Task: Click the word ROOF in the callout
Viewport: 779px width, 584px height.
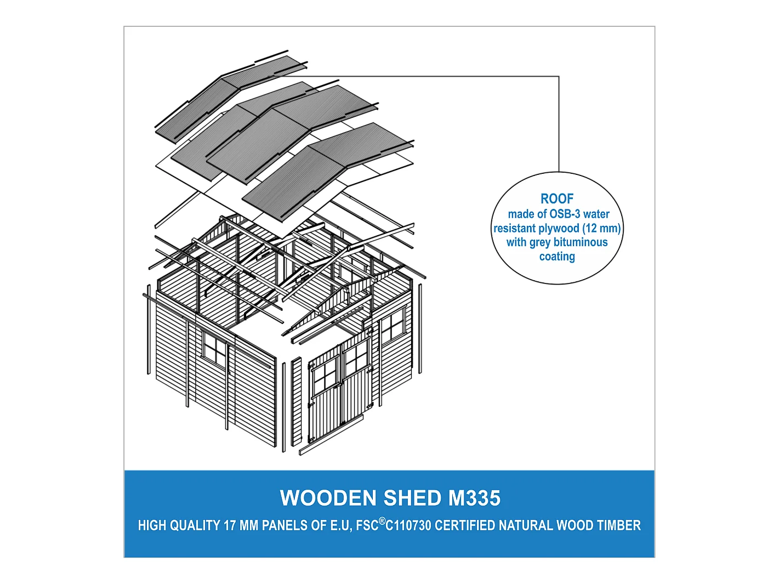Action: click(557, 199)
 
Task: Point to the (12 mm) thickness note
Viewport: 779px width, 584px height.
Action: click(601, 228)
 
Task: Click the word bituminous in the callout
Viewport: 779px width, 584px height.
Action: click(581, 242)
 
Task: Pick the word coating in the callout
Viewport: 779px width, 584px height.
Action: click(557, 256)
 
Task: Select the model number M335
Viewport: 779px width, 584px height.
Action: click(474, 498)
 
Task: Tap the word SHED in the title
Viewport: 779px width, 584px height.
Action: click(412, 498)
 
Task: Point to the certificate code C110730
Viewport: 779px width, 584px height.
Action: click(408, 525)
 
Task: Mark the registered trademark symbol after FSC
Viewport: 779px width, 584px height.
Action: click(382, 520)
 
